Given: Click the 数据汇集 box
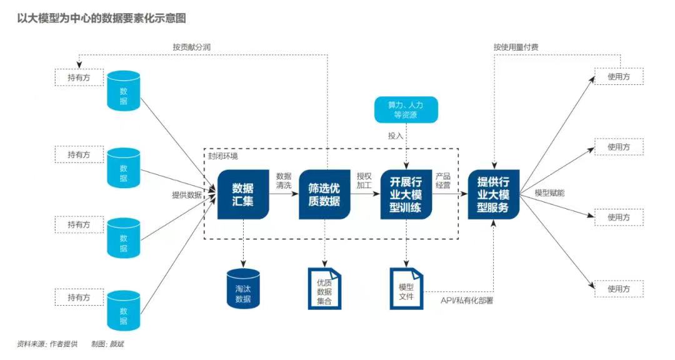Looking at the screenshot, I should click(x=243, y=194).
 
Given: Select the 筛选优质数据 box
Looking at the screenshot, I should click(x=324, y=194).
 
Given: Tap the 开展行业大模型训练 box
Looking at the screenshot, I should click(x=406, y=194).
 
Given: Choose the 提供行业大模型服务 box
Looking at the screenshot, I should click(x=493, y=194).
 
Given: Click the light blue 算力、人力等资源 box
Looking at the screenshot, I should click(x=406, y=109).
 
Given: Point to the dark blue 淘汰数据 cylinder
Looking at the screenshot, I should click(x=243, y=289).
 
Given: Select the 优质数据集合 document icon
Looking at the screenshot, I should click(x=324, y=288).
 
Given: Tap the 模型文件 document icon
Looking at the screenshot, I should click(x=406, y=288).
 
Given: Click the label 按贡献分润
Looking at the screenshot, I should click(x=192, y=47).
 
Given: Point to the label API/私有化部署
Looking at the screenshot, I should click(x=467, y=301).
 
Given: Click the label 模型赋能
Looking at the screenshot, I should click(x=549, y=193).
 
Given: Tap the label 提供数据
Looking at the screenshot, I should click(x=187, y=194).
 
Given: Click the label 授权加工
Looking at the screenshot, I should click(x=364, y=181).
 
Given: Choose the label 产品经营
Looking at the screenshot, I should click(x=443, y=181).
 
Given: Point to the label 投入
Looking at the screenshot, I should click(x=396, y=135).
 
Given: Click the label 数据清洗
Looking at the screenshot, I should click(x=284, y=181).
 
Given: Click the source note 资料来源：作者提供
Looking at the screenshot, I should click(x=47, y=344).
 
